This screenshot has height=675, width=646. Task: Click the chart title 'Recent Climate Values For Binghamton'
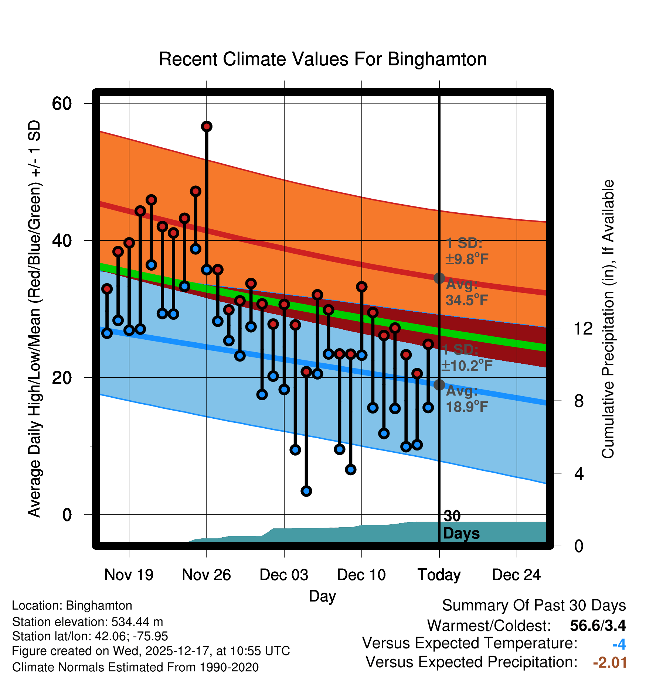pos(323,59)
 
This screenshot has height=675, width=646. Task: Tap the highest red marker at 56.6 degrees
pos(207,127)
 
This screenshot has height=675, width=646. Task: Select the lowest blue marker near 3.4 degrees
pos(306,491)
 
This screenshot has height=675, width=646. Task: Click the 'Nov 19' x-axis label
pos(129,575)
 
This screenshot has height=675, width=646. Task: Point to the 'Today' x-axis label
pos(439,575)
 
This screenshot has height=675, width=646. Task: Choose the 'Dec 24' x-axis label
pos(516,575)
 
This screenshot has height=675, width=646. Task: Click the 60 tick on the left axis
pos(62,103)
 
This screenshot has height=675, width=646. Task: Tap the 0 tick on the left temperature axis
pos(67,515)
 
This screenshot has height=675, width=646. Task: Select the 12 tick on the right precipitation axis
pos(583,328)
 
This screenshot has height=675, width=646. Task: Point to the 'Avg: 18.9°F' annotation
pos(466,399)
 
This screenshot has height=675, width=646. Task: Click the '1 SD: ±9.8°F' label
pos(466,251)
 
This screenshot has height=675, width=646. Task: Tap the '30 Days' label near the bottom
pos(461,525)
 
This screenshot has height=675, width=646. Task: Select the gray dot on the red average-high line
pos(439,278)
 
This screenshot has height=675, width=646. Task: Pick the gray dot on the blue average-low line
pos(439,385)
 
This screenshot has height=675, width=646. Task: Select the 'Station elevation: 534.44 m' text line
pos(88,622)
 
